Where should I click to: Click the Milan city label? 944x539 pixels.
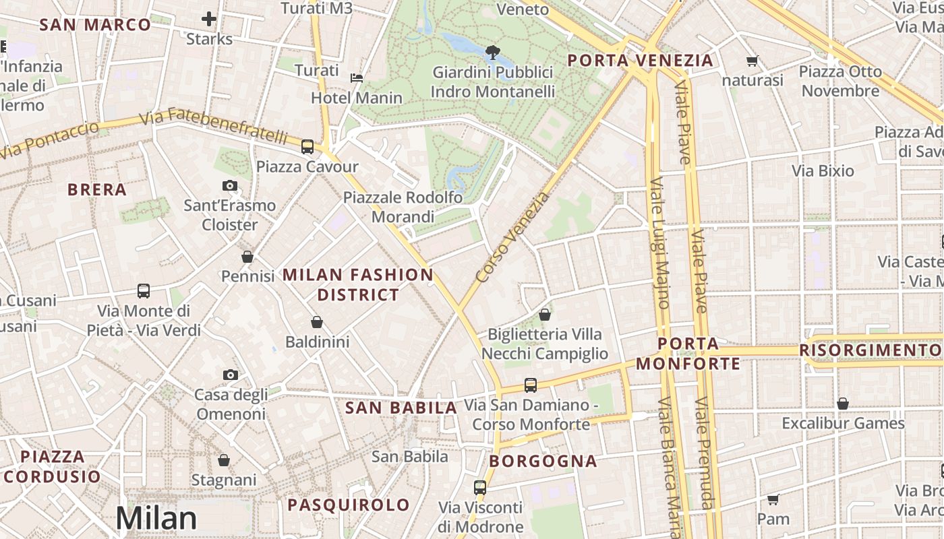[156, 518]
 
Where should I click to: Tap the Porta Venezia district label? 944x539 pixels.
[640, 61]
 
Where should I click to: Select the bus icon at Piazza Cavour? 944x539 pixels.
[307, 146]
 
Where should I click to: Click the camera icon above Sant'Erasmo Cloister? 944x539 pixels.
[230, 185]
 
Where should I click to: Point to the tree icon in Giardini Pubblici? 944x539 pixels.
[493, 52]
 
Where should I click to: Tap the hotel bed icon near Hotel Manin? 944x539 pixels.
[357, 78]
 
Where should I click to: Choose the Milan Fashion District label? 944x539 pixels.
[358, 284]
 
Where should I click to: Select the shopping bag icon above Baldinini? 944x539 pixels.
[317, 323]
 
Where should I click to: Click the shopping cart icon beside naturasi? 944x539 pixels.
[753, 61]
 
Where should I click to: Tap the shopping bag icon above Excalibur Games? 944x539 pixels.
[842, 404]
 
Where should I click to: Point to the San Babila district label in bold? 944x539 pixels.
[401, 408]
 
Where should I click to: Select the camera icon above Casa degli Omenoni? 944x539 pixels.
[230, 375]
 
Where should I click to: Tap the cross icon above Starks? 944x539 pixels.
[209, 19]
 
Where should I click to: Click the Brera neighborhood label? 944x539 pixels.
[97, 190]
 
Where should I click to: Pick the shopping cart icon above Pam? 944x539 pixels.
[773, 500]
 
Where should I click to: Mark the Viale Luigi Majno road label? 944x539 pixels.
[659, 243]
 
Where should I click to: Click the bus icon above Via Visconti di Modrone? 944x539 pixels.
[480, 487]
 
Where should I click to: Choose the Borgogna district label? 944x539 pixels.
[543, 462]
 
